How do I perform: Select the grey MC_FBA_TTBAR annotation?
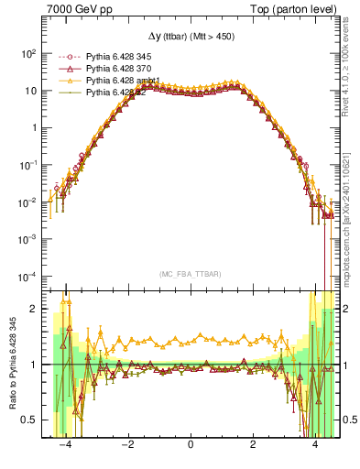pyautogui.click(x=191, y=275)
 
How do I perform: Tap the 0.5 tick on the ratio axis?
pyautogui.click(x=31, y=420)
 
